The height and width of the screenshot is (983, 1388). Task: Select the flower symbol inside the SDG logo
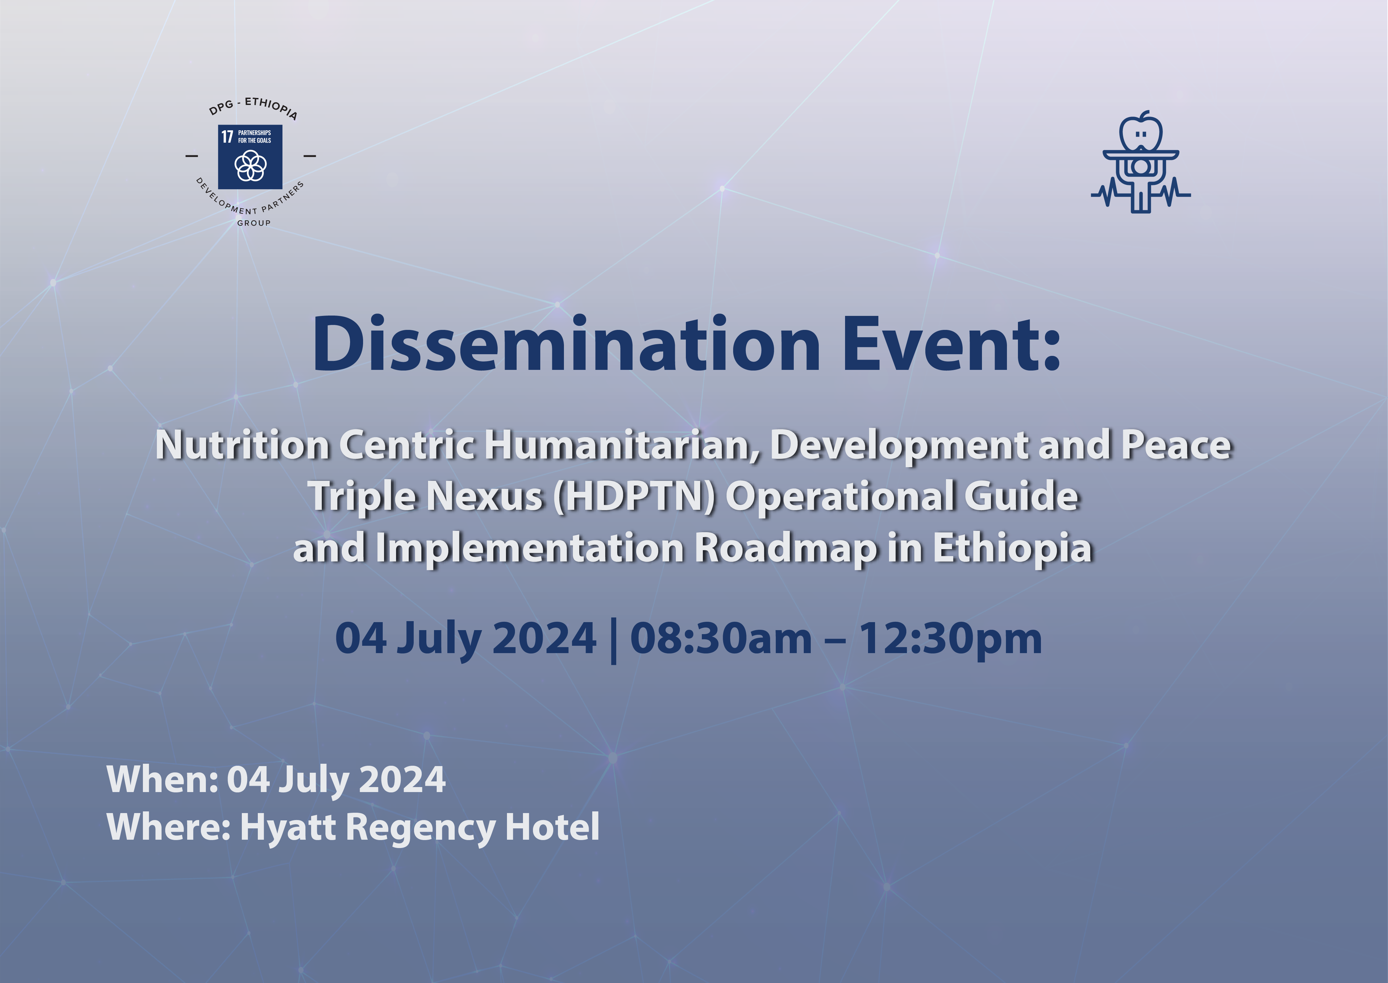[x=250, y=165]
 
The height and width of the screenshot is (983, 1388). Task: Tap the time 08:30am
[x=721, y=638]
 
